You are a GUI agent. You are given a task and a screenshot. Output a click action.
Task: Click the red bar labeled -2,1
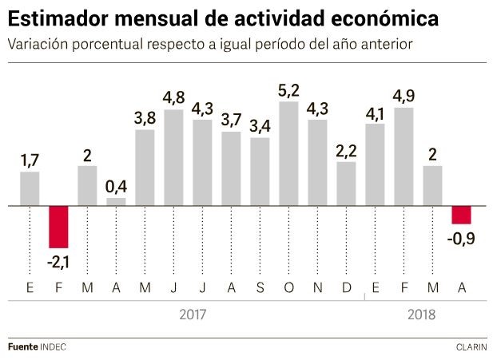tap(58, 227)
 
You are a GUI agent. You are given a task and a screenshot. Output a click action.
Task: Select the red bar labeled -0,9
tap(461, 215)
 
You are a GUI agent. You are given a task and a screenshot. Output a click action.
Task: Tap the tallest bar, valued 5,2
tap(288, 153)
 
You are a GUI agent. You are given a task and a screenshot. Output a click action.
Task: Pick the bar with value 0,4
tap(116, 202)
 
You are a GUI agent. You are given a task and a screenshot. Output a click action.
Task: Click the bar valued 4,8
tap(173, 157)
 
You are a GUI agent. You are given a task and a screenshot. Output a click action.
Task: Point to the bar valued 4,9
tap(404, 156)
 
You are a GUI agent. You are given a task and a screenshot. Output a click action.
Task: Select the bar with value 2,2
tap(346, 184)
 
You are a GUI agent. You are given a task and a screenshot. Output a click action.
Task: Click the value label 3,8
tap(145, 118)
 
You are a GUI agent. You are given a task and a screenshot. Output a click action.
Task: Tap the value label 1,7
tap(30, 161)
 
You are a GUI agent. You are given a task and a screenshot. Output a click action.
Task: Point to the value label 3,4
tap(260, 126)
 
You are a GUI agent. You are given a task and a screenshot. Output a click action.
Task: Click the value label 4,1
tap(375, 113)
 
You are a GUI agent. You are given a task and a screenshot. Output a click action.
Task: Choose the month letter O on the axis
tap(288, 285)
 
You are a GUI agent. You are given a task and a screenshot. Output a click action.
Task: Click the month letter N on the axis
tap(317, 285)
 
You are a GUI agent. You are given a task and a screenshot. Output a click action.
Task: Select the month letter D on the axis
tap(346, 285)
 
